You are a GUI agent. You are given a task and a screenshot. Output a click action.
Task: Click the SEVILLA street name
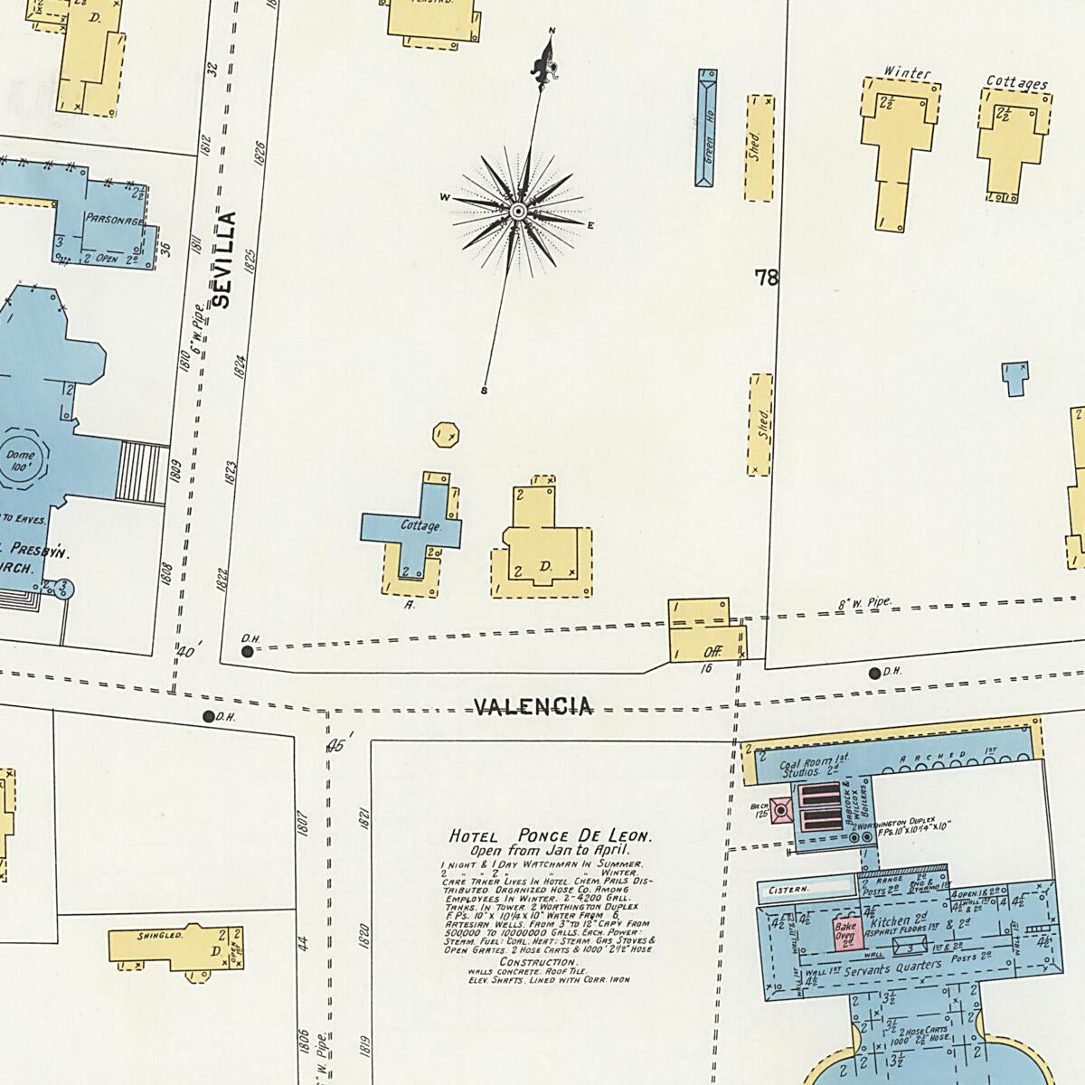click(x=224, y=260)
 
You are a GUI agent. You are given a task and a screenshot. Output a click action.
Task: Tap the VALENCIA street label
click(x=533, y=706)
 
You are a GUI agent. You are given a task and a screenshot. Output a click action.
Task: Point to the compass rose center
click(x=519, y=212)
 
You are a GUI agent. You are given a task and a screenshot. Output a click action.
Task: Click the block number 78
click(x=767, y=278)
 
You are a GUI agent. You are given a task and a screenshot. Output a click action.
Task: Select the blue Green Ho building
click(x=707, y=128)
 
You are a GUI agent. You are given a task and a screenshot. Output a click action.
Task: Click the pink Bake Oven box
click(x=845, y=933)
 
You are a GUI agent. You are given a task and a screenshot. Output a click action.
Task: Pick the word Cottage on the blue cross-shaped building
click(x=420, y=525)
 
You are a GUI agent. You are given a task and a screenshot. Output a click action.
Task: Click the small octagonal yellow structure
click(x=446, y=435)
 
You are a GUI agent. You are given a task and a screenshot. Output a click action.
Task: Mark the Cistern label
click(x=788, y=890)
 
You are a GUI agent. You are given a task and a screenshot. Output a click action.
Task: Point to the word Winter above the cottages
click(x=906, y=73)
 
